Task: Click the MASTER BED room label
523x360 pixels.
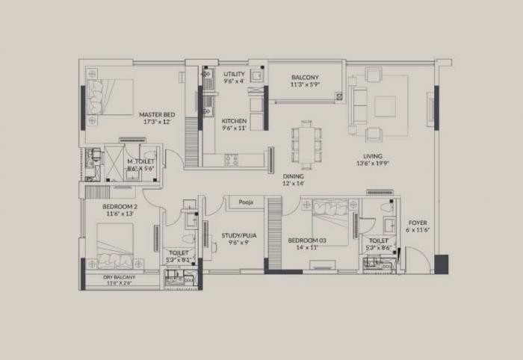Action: (x=156, y=114)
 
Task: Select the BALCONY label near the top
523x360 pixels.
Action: (x=305, y=78)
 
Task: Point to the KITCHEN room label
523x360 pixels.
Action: (x=235, y=121)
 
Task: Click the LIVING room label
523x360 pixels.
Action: (x=372, y=155)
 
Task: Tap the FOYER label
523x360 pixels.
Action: (x=418, y=223)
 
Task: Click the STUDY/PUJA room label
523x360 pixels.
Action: (x=239, y=235)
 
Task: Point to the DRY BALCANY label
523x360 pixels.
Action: (x=120, y=277)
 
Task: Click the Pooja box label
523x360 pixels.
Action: (x=246, y=202)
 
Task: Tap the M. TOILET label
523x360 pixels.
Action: (x=140, y=161)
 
